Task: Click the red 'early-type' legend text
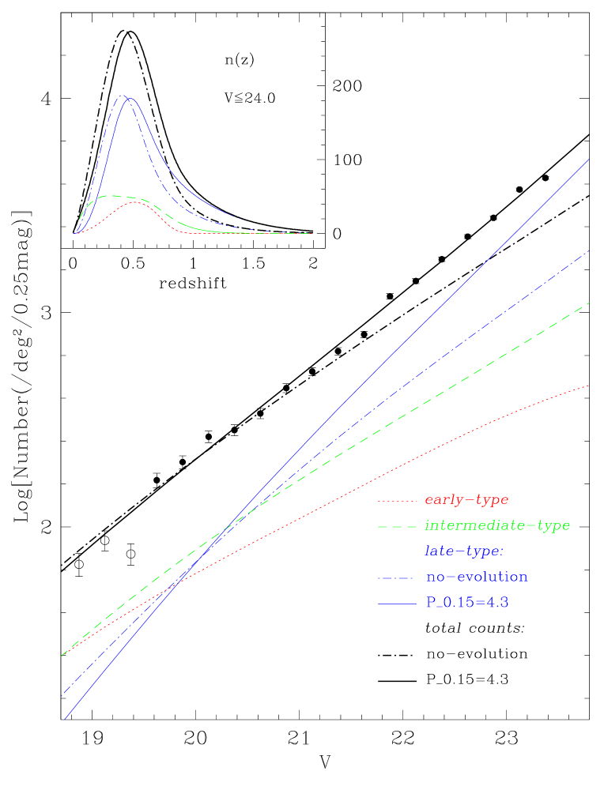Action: click(x=466, y=500)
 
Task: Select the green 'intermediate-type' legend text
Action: click(x=497, y=525)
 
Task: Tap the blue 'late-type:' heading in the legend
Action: click(x=464, y=551)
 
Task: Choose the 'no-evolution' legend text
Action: click(x=477, y=577)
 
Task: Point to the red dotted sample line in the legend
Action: click(x=397, y=501)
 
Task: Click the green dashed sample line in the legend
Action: click(x=397, y=526)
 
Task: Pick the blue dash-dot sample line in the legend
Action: click(x=397, y=577)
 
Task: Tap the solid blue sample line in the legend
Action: click(x=397, y=604)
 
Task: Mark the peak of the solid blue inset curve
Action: click(x=131, y=99)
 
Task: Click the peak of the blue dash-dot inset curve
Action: click(x=122, y=95)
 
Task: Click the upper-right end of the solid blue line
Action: click(x=590, y=159)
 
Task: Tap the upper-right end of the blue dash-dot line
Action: click(x=590, y=250)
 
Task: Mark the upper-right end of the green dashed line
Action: click(x=590, y=303)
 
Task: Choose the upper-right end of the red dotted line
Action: click(x=590, y=386)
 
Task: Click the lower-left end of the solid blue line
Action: click(x=65, y=719)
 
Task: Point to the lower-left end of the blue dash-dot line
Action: click(x=62, y=695)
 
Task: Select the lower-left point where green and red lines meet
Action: click(x=62, y=656)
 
